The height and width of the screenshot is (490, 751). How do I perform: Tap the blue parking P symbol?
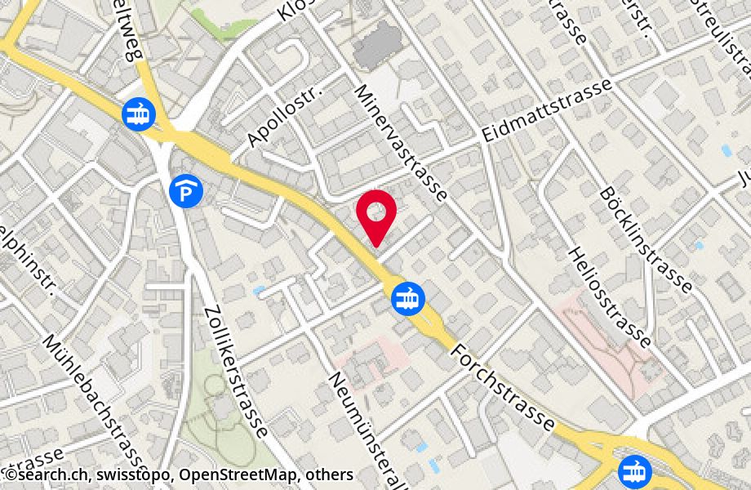pyautogui.click(x=187, y=192)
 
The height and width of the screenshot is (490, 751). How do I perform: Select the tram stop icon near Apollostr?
pyautogui.click(x=137, y=114)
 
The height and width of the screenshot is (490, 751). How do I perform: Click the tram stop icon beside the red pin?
pyautogui.click(x=406, y=298)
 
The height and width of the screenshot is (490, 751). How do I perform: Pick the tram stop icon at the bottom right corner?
pyautogui.click(x=633, y=471)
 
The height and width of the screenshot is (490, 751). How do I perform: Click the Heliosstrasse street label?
pyautogui.click(x=611, y=297)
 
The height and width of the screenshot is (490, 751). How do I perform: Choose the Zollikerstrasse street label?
pyautogui.click(x=236, y=372)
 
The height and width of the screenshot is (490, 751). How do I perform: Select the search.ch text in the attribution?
pyautogui.click(x=48, y=474)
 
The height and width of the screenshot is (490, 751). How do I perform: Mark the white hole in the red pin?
pyautogui.click(x=376, y=212)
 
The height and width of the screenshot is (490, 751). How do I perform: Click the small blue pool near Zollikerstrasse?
pyautogui.click(x=259, y=290)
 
